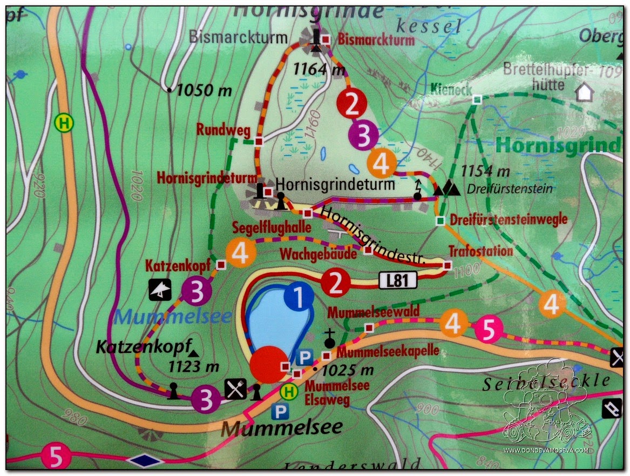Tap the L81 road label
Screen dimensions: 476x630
click(398, 280)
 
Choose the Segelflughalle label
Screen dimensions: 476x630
click(272, 227)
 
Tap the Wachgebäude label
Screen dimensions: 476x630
click(317, 253)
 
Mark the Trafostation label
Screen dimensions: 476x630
click(480, 251)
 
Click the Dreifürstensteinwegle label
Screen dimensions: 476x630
click(508, 219)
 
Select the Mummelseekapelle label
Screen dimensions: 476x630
click(388, 352)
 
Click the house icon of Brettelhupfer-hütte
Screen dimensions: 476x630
click(584, 92)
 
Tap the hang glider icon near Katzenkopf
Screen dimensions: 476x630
click(160, 290)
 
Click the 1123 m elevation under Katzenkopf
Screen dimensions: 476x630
click(193, 367)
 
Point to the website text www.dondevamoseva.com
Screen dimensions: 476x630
click(546, 450)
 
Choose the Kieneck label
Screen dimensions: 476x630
click(451, 90)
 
